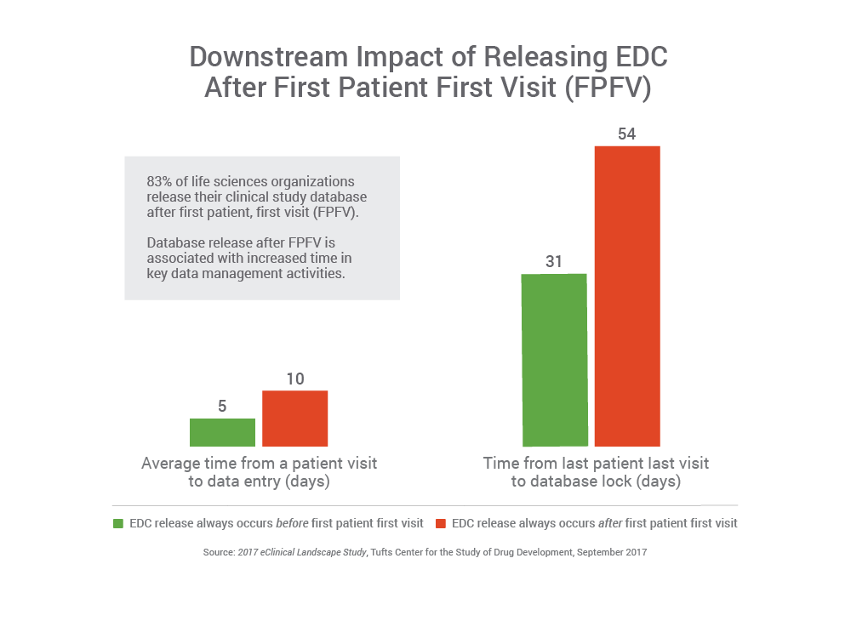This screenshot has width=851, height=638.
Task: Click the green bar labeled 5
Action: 222,432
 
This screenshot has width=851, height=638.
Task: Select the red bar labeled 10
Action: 294,418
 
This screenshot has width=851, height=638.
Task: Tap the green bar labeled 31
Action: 554,359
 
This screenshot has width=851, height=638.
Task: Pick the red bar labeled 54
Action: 626,295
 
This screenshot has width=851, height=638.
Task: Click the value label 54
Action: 626,134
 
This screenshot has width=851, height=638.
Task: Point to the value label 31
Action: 554,261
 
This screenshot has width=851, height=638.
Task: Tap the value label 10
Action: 294,379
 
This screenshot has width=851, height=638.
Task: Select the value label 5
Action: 222,407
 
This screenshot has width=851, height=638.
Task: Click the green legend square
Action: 118,523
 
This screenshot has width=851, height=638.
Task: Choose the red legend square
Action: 441,523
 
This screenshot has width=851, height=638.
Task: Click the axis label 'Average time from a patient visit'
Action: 259,464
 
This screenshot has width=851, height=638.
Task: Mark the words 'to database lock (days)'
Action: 595,481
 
